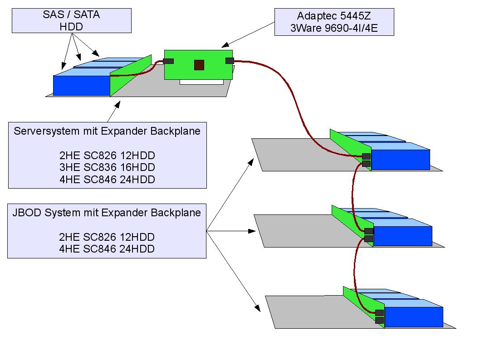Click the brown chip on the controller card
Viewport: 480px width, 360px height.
199,65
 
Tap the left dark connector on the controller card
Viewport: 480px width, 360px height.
168,61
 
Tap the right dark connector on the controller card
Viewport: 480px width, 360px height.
230,61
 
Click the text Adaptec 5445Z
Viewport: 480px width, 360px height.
334,16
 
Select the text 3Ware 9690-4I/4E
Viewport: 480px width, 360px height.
334,28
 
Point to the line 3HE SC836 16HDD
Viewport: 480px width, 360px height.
107,167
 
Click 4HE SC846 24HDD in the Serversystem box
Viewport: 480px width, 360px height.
107,180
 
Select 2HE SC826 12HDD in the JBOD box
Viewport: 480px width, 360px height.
107,237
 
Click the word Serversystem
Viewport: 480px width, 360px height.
47,131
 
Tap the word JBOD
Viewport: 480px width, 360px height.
27,213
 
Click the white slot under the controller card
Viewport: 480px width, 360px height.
201,82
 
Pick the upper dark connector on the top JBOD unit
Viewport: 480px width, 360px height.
367,156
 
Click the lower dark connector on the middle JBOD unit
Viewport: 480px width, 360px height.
369,238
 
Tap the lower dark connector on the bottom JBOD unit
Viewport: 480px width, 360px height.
380,320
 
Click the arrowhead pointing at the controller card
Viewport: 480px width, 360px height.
225,45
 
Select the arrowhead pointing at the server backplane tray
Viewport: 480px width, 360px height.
117,105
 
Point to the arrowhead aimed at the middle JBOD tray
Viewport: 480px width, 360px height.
252,231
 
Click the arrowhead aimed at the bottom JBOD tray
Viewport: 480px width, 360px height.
257,308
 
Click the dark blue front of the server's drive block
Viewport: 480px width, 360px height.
82,86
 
